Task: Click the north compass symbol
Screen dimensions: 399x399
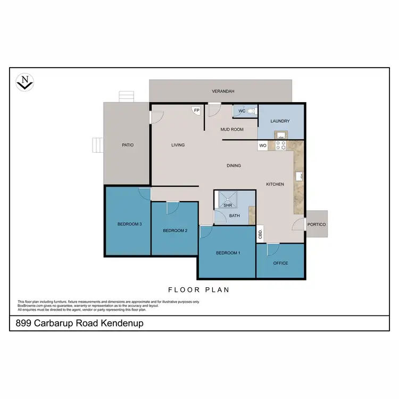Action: [x=24, y=82]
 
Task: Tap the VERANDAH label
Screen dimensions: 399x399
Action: [x=223, y=92]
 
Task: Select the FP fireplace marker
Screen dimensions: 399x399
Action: [x=196, y=110]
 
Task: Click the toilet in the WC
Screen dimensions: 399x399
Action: [x=251, y=111]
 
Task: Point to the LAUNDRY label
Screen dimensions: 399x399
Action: [x=280, y=121]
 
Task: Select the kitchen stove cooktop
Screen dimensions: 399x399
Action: [x=280, y=145]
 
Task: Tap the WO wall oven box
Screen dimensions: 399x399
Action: [x=262, y=145]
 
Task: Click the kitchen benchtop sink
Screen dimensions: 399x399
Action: [x=299, y=175]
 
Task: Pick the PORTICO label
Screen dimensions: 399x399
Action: [x=317, y=225]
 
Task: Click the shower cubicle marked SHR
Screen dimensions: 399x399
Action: [x=228, y=201]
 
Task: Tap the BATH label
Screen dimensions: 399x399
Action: [x=234, y=215]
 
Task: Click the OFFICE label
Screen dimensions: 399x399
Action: [x=280, y=263]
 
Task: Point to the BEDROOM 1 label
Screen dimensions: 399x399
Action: [x=227, y=253]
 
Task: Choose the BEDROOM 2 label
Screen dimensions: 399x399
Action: [x=175, y=230]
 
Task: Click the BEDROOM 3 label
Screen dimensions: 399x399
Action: [x=129, y=224]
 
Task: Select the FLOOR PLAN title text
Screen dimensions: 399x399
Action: [x=198, y=290]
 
